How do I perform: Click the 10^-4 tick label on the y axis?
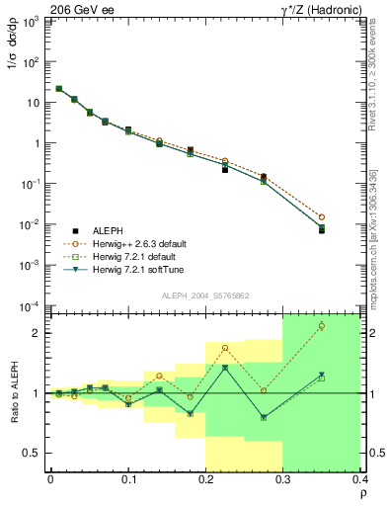coord(31,305)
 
